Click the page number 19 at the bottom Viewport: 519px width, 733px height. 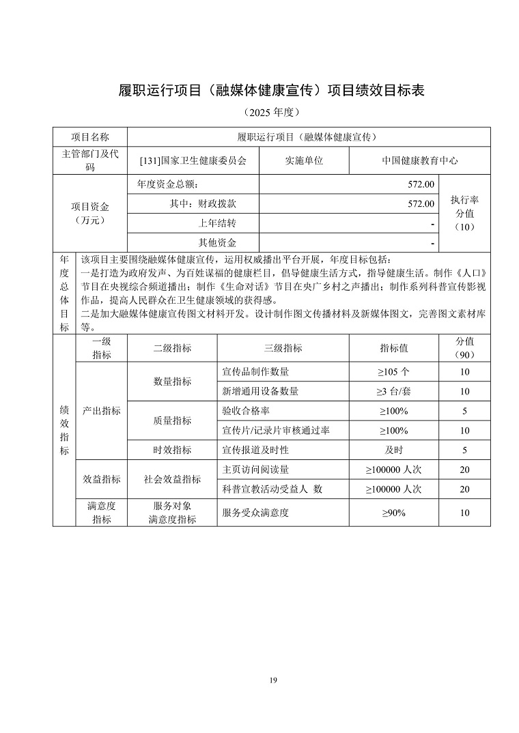coord(272,680)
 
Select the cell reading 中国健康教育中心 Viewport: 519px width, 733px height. coord(419,161)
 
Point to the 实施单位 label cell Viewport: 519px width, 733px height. coord(304,161)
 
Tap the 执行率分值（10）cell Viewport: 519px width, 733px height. coord(464,213)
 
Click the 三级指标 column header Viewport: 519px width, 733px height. coord(283,348)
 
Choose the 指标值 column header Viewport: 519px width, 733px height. coord(394,348)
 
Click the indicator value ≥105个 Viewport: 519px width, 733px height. coord(394,372)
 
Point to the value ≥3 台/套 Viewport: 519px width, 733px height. coord(394,391)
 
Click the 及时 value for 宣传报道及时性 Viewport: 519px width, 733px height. coord(394,450)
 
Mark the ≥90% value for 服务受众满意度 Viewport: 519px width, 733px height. coord(394,513)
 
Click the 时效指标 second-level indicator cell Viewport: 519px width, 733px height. coord(172,450)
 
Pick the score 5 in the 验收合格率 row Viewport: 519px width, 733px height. coord(464,411)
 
